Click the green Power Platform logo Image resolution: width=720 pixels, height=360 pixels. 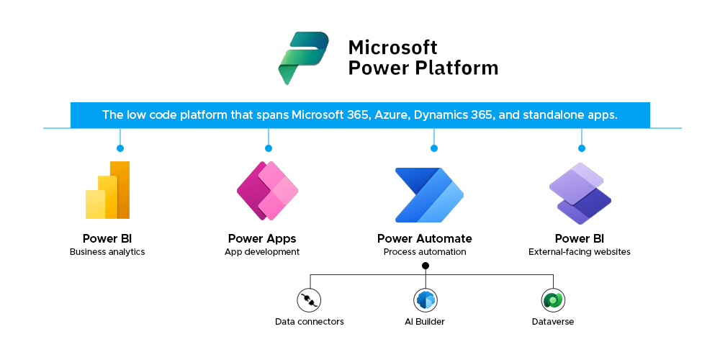[x=303, y=57]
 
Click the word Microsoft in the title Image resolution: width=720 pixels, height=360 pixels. [x=392, y=48]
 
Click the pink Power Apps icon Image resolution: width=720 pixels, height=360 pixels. [x=267, y=191]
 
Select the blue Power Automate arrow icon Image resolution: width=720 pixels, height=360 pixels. [x=429, y=194]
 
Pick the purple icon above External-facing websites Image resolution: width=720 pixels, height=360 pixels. [x=580, y=193]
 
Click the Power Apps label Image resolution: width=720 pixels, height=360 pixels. [x=262, y=238]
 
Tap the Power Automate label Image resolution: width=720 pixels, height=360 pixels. [x=425, y=238]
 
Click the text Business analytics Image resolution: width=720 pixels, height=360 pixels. [x=107, y=252]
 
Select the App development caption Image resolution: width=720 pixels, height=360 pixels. [x=262, y=252]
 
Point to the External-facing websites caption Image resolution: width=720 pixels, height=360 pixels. [x=580, y=252]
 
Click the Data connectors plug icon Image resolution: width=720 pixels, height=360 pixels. [x=310, y=300]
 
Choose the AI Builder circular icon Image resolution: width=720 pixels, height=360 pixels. [x=426, y=300]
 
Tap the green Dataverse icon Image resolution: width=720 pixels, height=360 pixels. [x=553, y=300]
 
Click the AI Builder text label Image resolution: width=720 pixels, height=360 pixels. [x=426, y=321]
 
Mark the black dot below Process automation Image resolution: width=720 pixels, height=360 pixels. [x=426, y=266]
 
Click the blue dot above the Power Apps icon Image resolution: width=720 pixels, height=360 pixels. [x=269, y=148]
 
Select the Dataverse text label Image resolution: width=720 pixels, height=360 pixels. [x=553, y=321]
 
